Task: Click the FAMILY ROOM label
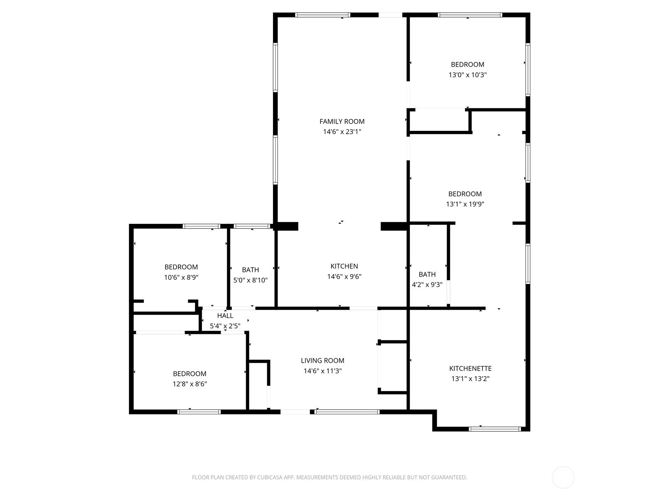(342, 121)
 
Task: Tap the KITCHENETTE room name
(470, 368)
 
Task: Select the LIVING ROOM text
(322, 361)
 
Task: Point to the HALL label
(225, 315)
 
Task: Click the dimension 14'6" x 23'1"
(342, 132)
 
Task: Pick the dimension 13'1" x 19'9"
(465, 204)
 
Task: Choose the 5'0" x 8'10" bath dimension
(250, 280)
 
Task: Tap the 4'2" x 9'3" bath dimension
(427, 284)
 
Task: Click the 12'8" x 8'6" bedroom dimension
(189, 384)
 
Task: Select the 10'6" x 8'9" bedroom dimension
(181, 277)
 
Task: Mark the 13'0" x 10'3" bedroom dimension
(467, 75)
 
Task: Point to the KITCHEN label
(344, 266)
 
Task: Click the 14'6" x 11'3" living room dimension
(322, 371)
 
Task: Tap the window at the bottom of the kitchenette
(495, 429)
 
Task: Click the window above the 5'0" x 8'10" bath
(252, 226)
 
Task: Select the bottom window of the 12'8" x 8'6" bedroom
(199, 412)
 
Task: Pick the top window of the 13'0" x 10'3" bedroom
(470, 15)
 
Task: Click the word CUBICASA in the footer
(270, 478)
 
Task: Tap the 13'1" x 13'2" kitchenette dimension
(470, 379)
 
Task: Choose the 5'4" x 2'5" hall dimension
(225, 326)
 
